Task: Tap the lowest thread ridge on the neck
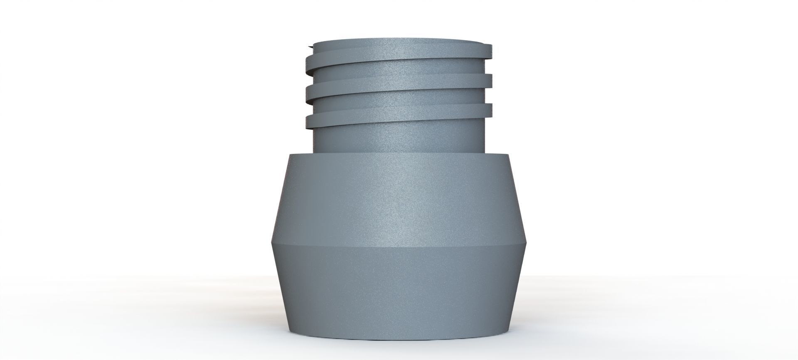[399, 118]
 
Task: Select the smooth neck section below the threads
[399, 139]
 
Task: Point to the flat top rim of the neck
[399, 42]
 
